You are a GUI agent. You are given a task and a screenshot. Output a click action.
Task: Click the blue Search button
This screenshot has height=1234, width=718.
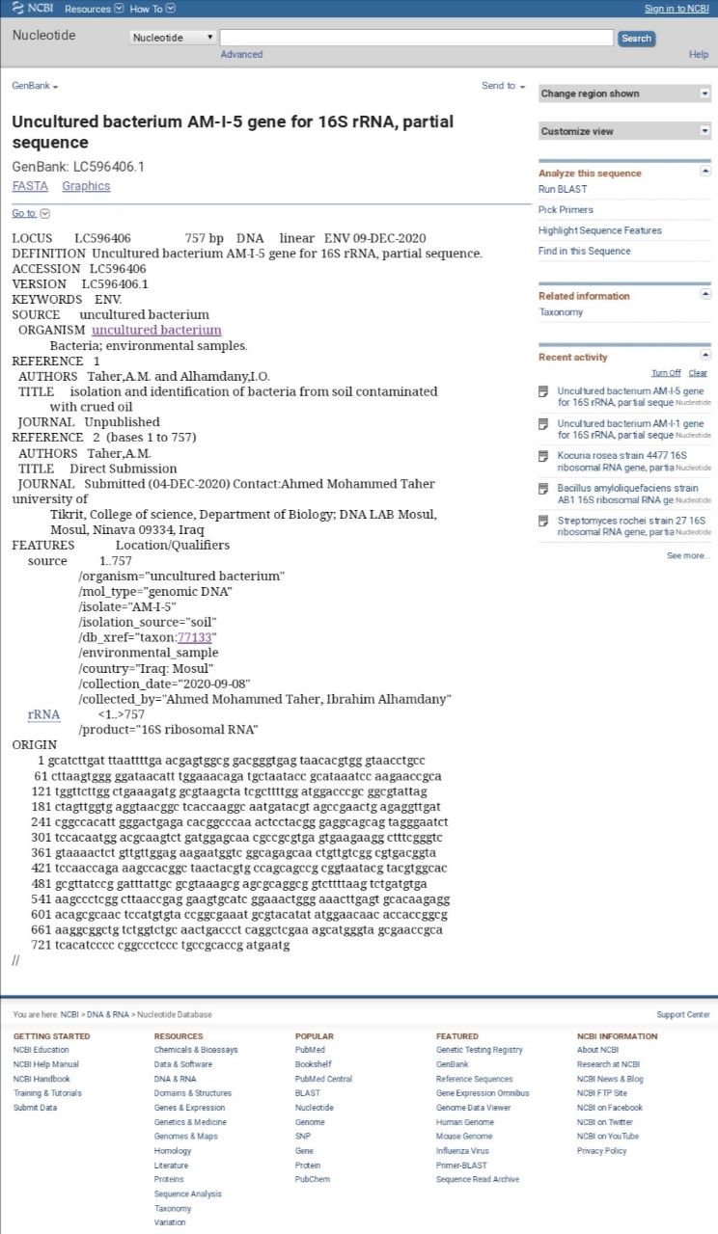pos(636,39)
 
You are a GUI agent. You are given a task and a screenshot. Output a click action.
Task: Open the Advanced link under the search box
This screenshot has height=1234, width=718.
pos(241,55)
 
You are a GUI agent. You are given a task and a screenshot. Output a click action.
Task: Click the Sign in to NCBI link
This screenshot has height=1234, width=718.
pos(677,9)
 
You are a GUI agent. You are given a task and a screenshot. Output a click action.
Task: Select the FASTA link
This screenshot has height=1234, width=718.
pos(30,186)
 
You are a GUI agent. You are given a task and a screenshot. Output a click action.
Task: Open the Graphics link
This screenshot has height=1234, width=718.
pos(86,186)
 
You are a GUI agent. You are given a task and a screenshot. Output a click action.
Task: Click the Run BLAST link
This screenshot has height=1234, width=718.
pos(563,189)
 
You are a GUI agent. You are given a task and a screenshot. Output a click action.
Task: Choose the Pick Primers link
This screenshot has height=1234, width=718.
pos(566,209)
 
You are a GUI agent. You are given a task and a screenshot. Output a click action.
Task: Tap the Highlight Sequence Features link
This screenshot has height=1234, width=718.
pos(599,230)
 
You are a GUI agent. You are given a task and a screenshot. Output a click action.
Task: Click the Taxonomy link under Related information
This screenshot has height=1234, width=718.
pos(561,312)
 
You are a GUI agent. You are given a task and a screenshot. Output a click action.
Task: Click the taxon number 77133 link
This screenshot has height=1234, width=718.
pos(196,637)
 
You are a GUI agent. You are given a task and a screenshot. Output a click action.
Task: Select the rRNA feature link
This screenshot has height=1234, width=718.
pos(43,714)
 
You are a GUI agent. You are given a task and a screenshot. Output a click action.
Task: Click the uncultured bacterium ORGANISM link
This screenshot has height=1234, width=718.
pos(156,330)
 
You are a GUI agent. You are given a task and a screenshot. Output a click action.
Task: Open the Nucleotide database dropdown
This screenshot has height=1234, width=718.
pos(173,38)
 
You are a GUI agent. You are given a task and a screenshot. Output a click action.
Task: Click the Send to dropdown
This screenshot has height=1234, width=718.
pos(503,86)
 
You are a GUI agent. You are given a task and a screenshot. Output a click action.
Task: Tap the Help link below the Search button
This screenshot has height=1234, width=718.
pos(699,55)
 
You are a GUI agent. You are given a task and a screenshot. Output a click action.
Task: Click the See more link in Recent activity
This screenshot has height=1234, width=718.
pos(688,555)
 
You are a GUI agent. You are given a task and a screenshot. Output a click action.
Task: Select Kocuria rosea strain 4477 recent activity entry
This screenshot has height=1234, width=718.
pos(621,460)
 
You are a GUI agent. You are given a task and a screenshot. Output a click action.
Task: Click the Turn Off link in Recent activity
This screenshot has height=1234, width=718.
pos(666,373)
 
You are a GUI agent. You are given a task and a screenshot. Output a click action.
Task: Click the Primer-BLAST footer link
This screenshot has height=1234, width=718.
pos(462,1165)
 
